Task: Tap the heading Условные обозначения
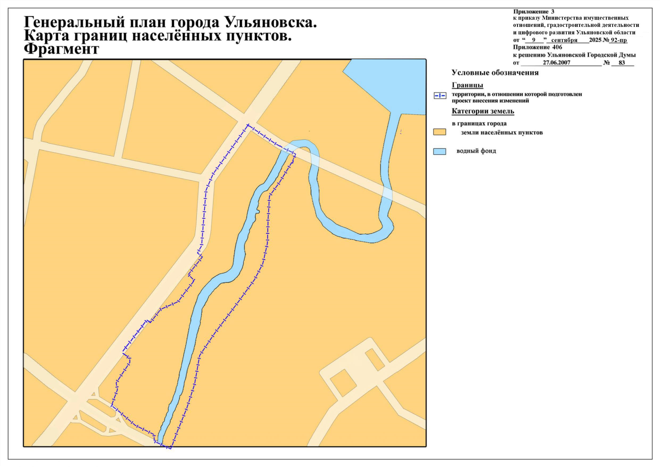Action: tap(495, 73)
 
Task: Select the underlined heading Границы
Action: tap(467, 85)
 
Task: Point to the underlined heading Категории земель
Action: tap(483, 111)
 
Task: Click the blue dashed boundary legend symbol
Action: tap(440, 96)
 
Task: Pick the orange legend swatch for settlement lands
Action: tap(439, 132)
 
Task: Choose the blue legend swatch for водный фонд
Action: tap(439, 151)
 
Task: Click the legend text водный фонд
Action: tap(476, 151)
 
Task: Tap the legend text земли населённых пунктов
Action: tap(502, 133)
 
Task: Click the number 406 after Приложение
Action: tap(557, 47)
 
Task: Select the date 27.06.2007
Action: tap(556, 63)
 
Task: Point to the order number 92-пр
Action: tap(618, 40)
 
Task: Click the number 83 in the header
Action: tap(621, 63)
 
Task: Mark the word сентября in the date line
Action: tap(564, 40)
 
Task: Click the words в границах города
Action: tap(479, 124)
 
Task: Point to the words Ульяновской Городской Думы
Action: tap(591, 55)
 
